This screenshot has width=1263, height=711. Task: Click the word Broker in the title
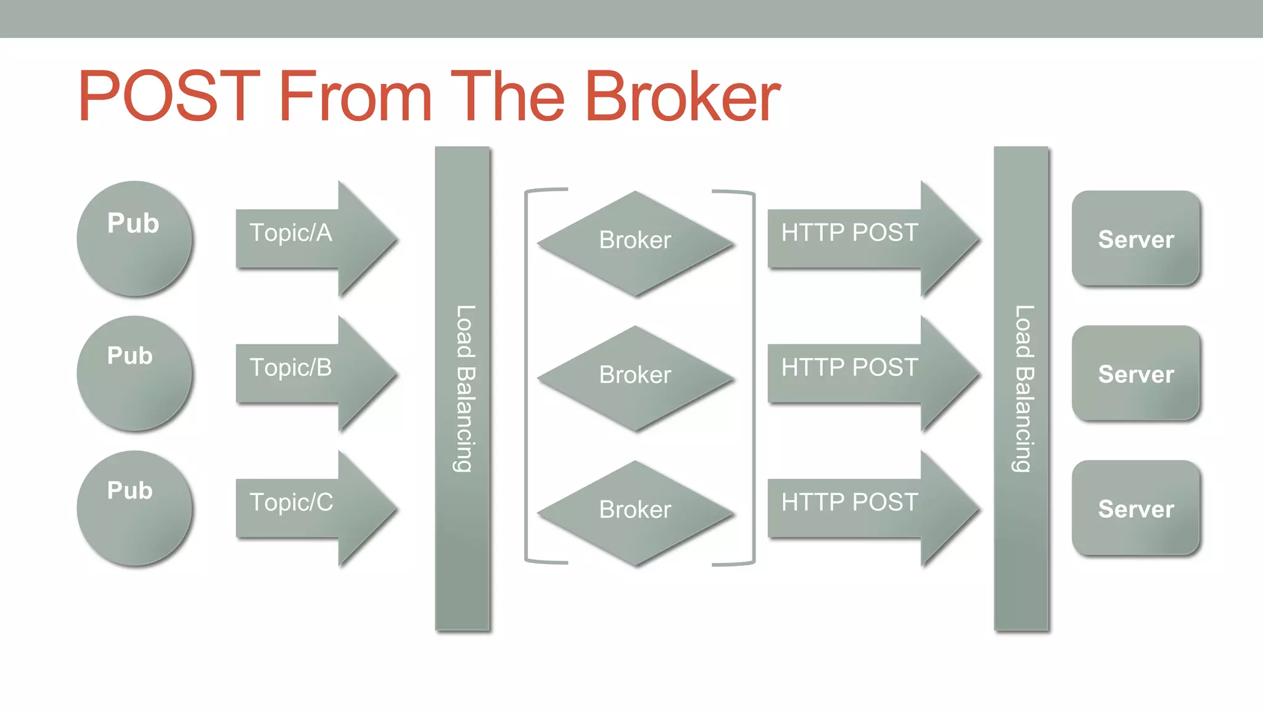(x=682, y=97)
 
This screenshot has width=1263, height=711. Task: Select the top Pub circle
(x=134, y=238)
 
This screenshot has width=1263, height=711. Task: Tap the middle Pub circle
(x=134, y=373)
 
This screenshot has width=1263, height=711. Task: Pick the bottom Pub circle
(x=134, y=508)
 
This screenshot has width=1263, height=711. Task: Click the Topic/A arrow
(x=308, y=238)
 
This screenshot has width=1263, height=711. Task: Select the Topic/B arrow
(x=308, y=373)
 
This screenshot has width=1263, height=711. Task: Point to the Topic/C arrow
(x=308, y=508)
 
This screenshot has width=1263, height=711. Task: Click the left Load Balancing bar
(x=463, y=389)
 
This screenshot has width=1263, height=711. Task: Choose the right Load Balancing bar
(x=1021, y=389)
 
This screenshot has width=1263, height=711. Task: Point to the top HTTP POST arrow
(x=863, y=238)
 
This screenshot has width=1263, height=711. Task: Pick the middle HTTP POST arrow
(x=863, y=373)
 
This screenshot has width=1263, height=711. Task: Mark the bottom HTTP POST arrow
(x=863, y=508)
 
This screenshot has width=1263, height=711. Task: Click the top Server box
(x=1136, y=238)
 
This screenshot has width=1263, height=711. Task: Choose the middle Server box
(x=1136, y=373)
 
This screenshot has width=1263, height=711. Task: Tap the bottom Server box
(x=1136, y=508)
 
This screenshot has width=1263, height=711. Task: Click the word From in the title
(x=355, y=97)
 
